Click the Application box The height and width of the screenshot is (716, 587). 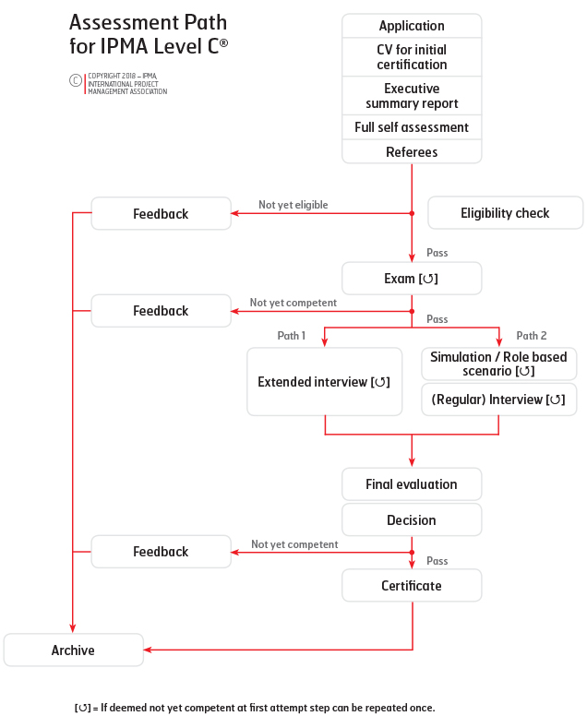(412, 26)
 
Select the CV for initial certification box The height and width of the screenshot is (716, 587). (412, 57)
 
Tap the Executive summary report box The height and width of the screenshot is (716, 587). (412, 96)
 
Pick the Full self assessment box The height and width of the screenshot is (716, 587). (412, 127)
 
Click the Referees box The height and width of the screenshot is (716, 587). (412, 151)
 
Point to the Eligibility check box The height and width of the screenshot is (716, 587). (505, 213)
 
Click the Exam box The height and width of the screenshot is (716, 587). (412, 278)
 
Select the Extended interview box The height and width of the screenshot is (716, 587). (324, 382)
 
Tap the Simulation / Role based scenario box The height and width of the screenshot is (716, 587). (498, 364)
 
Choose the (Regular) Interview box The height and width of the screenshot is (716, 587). (498, 400)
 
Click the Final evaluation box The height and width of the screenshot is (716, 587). (412, 484)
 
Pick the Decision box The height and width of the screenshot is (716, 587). (412, 519)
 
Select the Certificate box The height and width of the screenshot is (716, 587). (412, 585)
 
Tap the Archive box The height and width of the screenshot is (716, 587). (73, 650)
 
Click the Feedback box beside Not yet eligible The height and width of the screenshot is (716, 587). (161, 213)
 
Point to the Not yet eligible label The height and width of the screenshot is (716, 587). (293, 205)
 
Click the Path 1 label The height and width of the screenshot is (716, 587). (292, 336)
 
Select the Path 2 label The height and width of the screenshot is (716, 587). (532, 336)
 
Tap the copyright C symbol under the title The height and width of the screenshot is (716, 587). (76, 80)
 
